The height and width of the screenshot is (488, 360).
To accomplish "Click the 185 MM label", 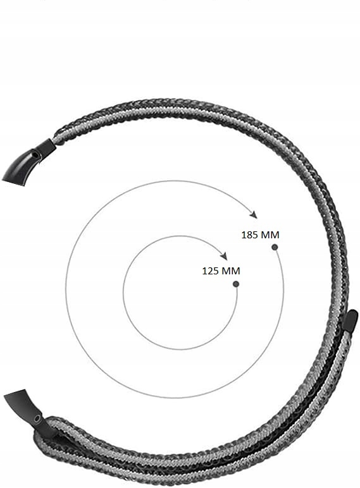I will tap(260, 235).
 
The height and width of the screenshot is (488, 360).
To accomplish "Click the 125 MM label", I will tap(221, 271).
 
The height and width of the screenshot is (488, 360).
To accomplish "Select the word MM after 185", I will tap(270, 235).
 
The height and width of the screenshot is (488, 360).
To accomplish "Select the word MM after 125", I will tap(231, 271).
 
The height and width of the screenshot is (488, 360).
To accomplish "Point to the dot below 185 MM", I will tap(275, 247).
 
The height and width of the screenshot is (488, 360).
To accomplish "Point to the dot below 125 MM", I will tap(235, 284).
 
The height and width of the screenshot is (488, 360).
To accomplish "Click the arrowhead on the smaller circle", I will tap(223, 255).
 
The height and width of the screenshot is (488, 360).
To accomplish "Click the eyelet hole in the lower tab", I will tap(37, 418).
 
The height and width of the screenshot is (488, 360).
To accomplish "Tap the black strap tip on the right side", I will tap(350, 319).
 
